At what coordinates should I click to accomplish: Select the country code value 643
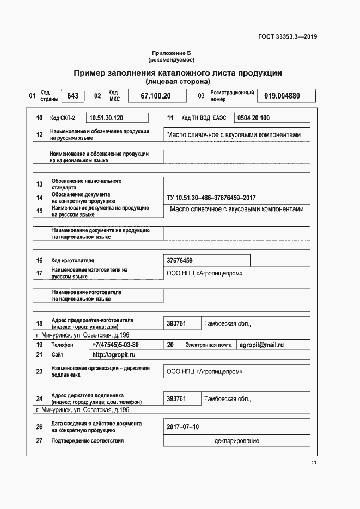(72, 96)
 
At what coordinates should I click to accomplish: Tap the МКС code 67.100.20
(156, 96)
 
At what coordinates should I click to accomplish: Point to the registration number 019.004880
(282, 96)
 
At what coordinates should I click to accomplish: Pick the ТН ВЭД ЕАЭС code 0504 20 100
(253, 118)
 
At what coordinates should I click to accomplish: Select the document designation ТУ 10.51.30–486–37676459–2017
(211, 198)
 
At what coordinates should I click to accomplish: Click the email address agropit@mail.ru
(261, 345)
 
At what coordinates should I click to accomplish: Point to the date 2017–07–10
(183, 427)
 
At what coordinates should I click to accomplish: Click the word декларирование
(236, 441)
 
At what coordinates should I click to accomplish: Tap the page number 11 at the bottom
(314, 463)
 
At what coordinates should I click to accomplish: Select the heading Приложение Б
(172, 53)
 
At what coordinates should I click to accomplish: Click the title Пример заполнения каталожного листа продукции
(178, 72)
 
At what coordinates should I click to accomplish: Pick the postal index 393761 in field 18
(176, 323)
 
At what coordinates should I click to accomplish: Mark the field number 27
(39, 441)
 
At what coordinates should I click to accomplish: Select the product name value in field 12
(234, 135)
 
